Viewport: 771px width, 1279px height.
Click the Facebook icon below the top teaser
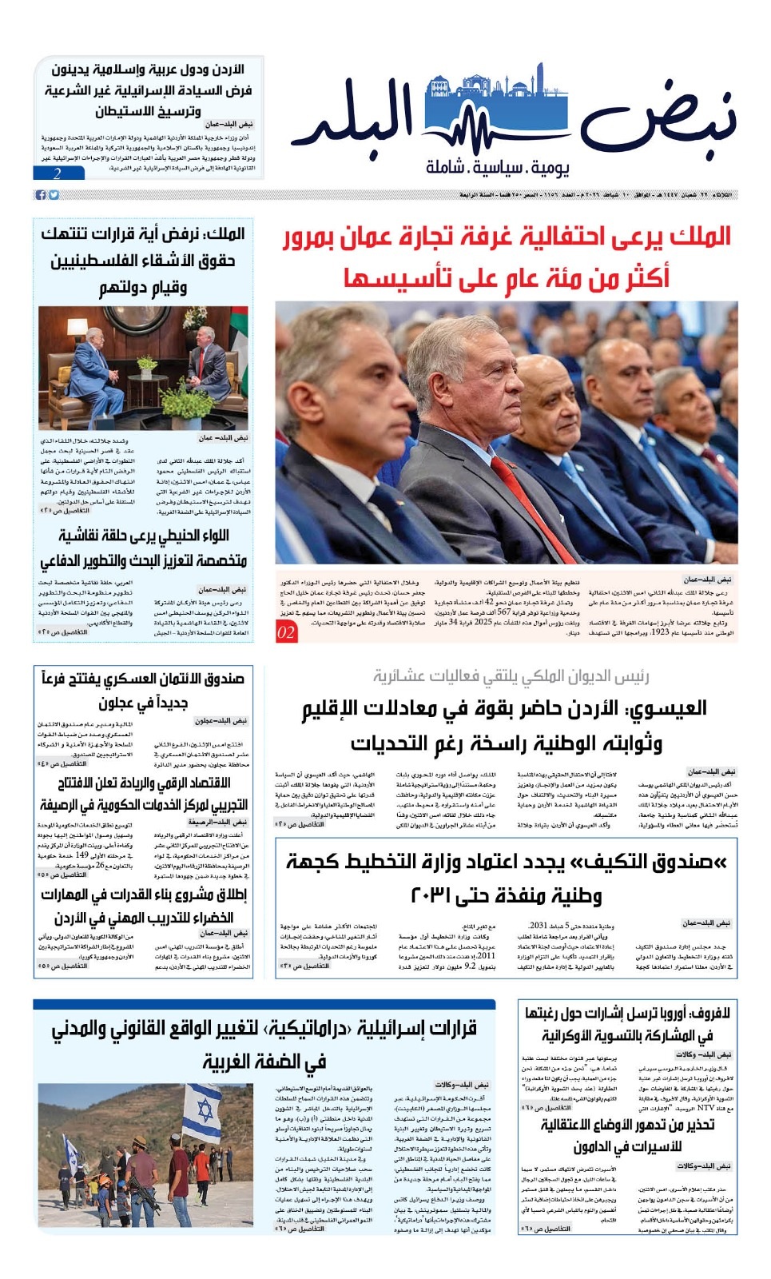tap(39, 195)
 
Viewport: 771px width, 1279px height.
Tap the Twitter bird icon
tap(54, 195)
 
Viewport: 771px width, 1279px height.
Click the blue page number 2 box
tap(58, 173)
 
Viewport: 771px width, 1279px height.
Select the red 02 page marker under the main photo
tap(286, 632)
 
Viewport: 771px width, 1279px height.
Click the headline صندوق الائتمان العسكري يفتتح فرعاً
tap(144, 690)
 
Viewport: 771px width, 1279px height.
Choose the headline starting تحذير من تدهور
tap(627, 1135)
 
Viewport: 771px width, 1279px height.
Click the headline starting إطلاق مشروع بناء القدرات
tap(144, 906)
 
